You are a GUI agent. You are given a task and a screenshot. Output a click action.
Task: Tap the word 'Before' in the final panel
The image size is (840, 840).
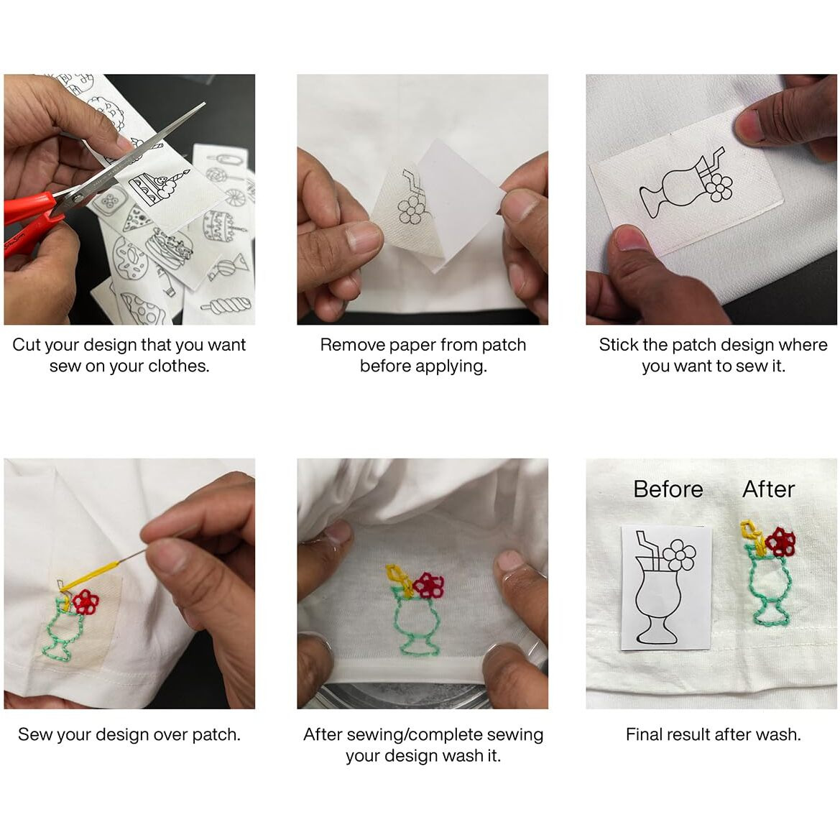pyautogui.click(x=668, y=489)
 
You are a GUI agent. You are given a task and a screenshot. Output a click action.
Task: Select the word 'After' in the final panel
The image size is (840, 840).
pyautogui.click(x=768, y=489)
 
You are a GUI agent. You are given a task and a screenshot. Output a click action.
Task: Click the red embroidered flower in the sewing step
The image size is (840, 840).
pyautogui.click(x=86, y=601)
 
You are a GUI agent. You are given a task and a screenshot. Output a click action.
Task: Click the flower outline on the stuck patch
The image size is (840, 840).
pyautogui.click(x=719, y=187)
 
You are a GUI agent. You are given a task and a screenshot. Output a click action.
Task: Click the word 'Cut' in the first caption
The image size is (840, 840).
pyautogui.click(x=26, y=344)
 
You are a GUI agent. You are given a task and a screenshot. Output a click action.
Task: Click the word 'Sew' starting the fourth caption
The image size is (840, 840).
pyautogui.click(x=34, y=734)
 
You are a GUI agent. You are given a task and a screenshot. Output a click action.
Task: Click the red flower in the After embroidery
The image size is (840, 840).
pyautogui.click(x=780, y=541)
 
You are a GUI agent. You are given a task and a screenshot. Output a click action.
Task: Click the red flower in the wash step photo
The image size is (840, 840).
pyautogui.click(x=429, y=585)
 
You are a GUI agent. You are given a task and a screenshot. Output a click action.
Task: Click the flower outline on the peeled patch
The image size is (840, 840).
pyautogui.click(x=411, y=210)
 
